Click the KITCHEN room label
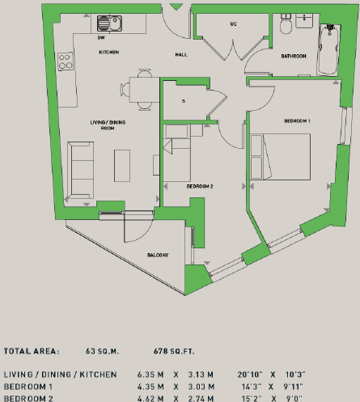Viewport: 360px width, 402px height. [108, 52]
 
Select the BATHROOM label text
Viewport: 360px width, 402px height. [293, 57]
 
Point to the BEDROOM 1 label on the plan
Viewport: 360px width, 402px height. [297, 121]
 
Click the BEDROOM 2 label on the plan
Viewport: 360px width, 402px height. [199, 186]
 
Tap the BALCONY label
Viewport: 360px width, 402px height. [157, 256]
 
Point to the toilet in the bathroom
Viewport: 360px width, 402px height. [286, 28]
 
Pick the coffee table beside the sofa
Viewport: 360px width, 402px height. [122, 166]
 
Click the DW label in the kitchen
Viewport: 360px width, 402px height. [100, 37]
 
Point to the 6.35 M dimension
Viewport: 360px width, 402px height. [147, 375]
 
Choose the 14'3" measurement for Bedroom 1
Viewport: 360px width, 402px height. [248, 387]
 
